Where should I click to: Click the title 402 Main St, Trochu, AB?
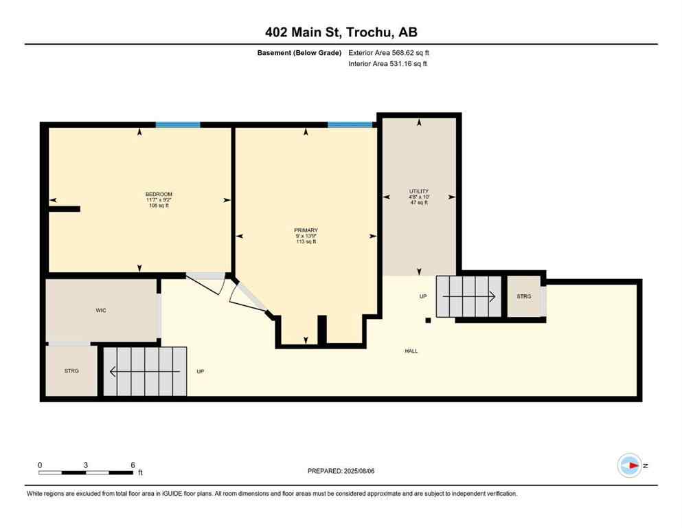click(x=341, y=32)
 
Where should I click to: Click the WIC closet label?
click(x=101, y=310)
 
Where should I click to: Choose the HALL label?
click(x=411, y=351)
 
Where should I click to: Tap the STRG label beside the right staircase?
click(x=524, y=296)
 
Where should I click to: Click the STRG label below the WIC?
click(x=71, y=371)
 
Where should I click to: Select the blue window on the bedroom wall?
click(x=178, y=124)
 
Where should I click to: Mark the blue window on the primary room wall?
click(x=350, y=124)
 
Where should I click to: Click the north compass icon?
click(x=630, y=465)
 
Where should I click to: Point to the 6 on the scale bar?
click(x=133, y=465)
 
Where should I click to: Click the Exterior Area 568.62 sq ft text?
click(x=389, y=52)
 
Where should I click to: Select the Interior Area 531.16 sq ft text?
click(x=388, y=64)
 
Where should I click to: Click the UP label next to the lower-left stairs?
click(x=201, y=371)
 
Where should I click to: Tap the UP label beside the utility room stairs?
click(x=424, y=296)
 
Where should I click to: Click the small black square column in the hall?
click(x=428, y=320)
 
